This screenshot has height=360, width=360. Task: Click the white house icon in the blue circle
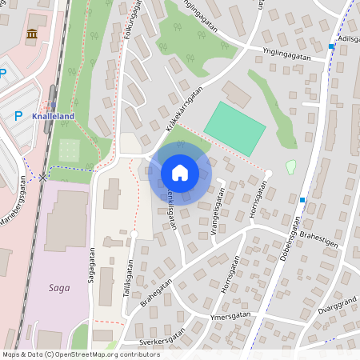pyautogui.click(x=180, y=172)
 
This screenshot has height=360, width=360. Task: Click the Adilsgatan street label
pyautogui.click(x=349, y=38)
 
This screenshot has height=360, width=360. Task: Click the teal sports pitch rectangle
pyautogui.click(x=234, y=129)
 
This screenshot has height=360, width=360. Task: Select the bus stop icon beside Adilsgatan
pyautogui.click(x=331, y=46)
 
